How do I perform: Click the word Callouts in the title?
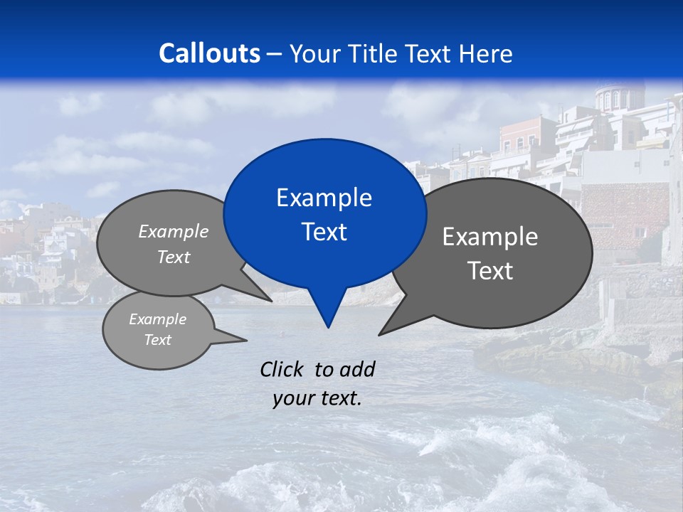pos(209,53)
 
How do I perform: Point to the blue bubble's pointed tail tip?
pos(328,327)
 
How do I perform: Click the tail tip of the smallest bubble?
pos(246,341)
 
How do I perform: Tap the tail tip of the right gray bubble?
pos(380,334)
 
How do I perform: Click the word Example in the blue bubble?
pos(324,198)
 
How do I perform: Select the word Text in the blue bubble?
pos(324,232)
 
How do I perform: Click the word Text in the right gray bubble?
pos(490,271)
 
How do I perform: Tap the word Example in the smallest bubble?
pos(157,319)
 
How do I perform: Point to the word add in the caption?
pos(357,369)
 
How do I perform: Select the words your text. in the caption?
pos(317,398)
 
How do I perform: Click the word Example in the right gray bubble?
pos(490,237)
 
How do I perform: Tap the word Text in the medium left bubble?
pos(174,257)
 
